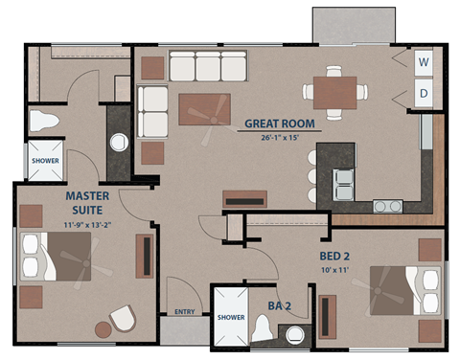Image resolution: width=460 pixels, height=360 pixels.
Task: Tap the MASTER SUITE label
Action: (86, 203)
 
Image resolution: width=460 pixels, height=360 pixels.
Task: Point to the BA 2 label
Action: (280, 307)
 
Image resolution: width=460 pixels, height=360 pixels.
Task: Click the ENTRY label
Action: (185, 311)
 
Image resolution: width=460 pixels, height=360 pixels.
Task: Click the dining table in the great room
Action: (334, 93)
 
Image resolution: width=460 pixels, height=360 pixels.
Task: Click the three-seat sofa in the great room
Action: (208, 67)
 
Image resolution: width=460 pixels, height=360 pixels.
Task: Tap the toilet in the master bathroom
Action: (44, 121)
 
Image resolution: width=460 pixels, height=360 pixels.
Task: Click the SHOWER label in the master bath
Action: (45, 161)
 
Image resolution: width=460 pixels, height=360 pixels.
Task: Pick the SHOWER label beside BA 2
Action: (231, 317)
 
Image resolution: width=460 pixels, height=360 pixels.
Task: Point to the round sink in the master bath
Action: (119, 143)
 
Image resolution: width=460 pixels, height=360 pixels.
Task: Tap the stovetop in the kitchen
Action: (387, 205)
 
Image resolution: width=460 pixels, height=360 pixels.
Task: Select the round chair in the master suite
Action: (122, 319)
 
